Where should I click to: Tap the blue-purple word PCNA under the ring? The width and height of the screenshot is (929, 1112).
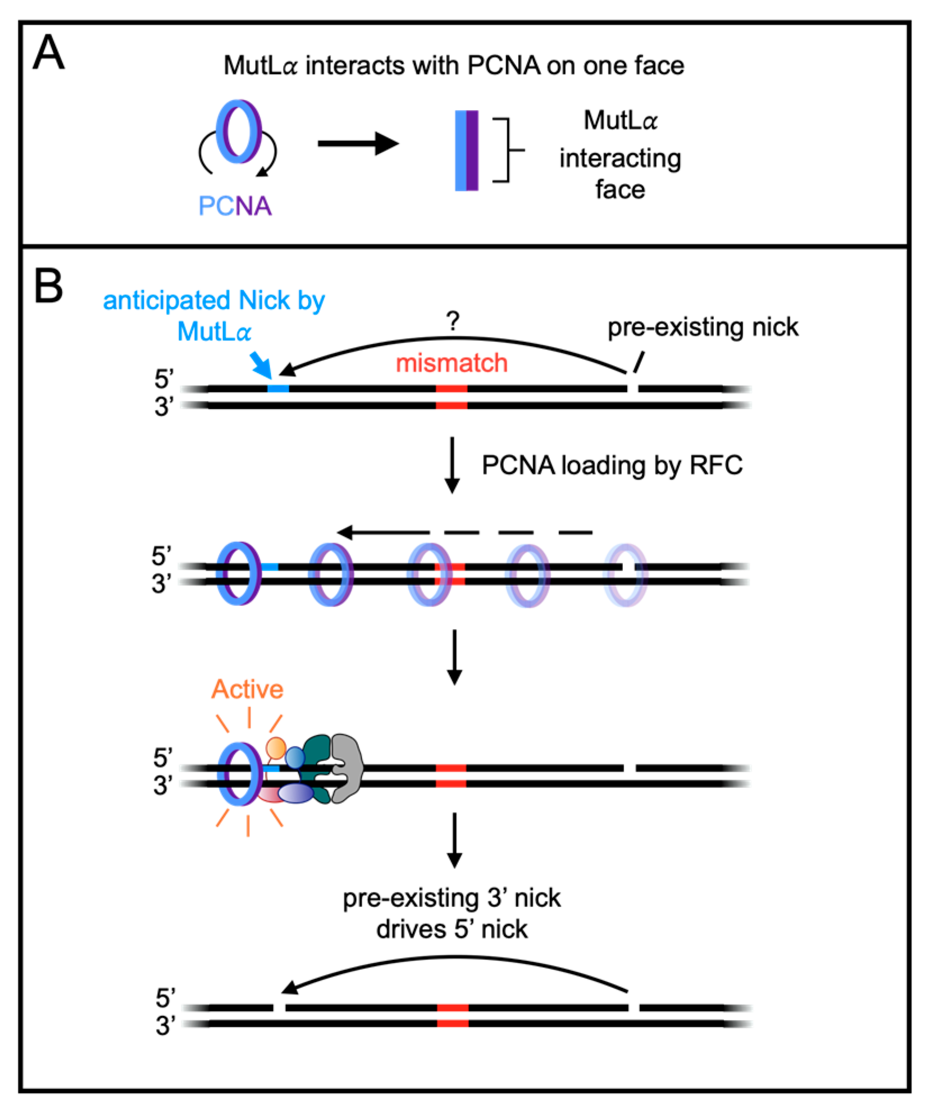[x=235, y=206]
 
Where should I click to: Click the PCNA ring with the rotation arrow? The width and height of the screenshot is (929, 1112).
[x=238, y=131]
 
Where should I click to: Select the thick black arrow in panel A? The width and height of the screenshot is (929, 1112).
[x=358, y=144]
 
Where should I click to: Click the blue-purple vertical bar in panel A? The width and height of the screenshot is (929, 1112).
[x=466, y=151]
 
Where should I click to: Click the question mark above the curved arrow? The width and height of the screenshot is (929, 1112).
[x=453, y=321]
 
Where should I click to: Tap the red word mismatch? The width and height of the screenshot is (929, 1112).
[x=452, y=363]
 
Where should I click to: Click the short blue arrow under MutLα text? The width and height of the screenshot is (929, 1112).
[x=262, y=365]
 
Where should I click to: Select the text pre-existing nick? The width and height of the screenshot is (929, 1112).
[x=703, y=327]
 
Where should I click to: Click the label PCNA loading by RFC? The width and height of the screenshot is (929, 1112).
[x=612, y=465]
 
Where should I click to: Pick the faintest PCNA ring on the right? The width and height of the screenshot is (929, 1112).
[x=625, y=575]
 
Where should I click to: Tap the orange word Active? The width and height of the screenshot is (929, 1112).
[x=247, y=689]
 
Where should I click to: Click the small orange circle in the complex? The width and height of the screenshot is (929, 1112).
[x=276, y=748]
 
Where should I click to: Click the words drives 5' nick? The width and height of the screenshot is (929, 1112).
[x=452, y=929]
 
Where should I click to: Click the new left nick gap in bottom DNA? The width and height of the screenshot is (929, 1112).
[x=279, y=1008]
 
